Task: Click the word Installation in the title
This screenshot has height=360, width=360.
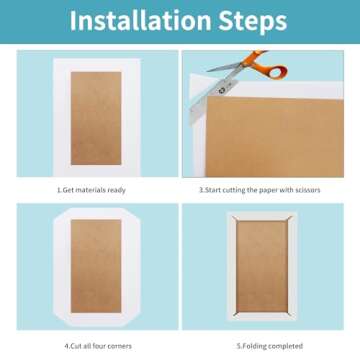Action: coord(140,21)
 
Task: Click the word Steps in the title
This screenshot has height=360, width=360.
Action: coord(253,21)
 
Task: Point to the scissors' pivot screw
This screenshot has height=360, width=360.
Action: coord(222,90)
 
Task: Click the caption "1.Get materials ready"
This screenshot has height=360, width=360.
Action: coord(91,190)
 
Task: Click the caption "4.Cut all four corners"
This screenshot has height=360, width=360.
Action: coord(98,346)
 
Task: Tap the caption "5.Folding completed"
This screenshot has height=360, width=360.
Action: coord(270,346)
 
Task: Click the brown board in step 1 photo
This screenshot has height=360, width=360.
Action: coord(96,118)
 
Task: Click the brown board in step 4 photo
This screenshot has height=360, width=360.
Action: coord(96,266)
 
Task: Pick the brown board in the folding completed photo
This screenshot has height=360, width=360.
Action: coord(262,267)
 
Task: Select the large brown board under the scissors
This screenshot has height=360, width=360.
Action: coord(275,137)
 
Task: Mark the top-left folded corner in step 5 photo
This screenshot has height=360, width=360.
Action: coord(235,219)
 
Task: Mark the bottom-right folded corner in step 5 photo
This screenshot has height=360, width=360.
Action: coord(289,314)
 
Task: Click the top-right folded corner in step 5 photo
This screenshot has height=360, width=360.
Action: coord(289,219)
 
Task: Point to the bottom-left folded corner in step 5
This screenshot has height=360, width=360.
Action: coord(235,314)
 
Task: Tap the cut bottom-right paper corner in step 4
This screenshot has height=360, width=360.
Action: coord(134,320)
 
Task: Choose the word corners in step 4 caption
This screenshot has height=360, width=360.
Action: coord(120,346)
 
